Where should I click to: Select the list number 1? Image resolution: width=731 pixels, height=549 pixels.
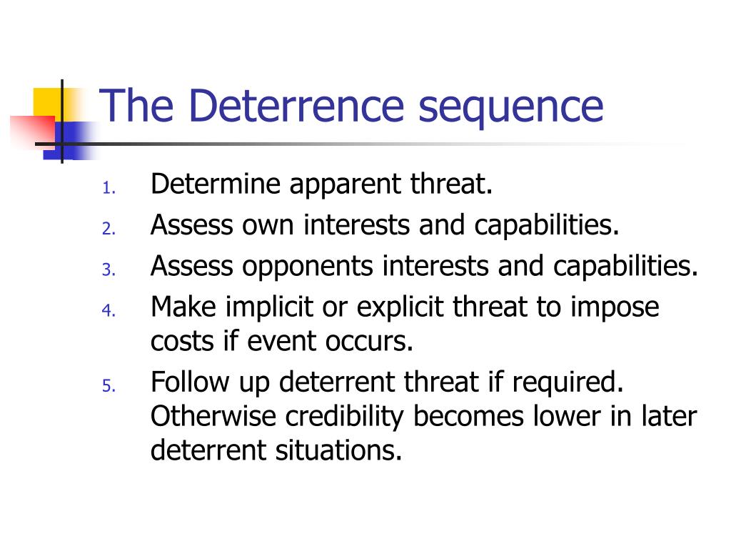pos(108,189)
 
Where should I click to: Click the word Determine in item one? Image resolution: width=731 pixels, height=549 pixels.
pos(215,185)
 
